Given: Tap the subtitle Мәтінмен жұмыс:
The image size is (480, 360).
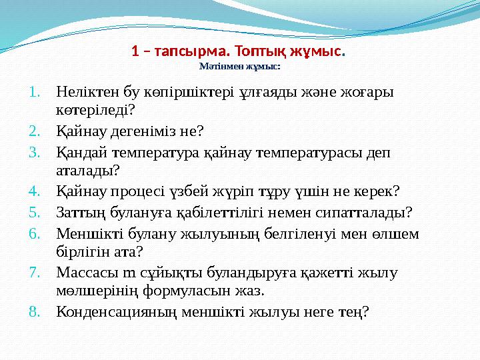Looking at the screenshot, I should [239, 67].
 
